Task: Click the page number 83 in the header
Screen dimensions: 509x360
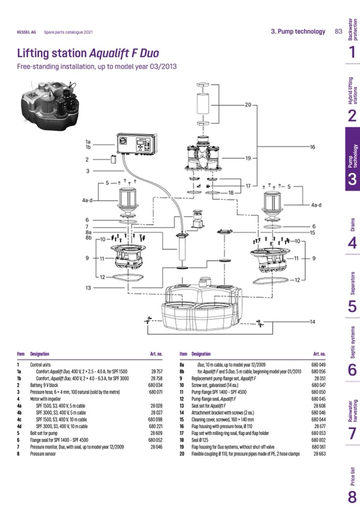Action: point(338,31)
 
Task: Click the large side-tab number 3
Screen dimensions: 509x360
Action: point(352,179)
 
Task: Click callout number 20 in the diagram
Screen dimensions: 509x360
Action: point(247,105)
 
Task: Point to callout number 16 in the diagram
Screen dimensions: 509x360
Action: point(313,146)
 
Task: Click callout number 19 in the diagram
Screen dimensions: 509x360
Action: point(247,159)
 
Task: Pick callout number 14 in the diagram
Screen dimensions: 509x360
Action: point(313,322)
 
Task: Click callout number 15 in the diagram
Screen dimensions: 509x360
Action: point(313,232)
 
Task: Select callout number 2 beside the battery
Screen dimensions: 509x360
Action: point(87,159)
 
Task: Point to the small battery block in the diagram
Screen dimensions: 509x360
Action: point(113,159)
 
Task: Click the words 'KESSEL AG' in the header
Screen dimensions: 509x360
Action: point(27,32)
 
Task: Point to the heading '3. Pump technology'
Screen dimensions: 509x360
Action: point(298,31)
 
